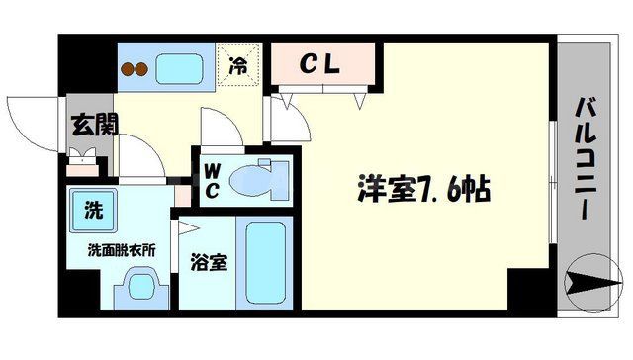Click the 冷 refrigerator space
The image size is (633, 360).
[x=239, y=66]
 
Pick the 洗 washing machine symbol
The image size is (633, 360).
[x=92, y=209]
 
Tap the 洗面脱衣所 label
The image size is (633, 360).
[x=119, y=249]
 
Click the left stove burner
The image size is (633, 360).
[x=128, y=71]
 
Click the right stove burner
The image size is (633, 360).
[x=143, y=71]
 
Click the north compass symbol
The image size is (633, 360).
[x=593, y=281]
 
